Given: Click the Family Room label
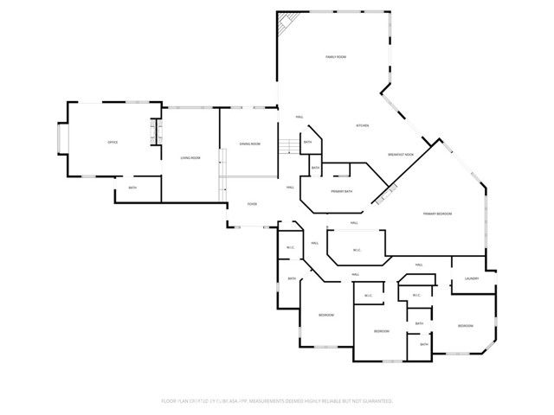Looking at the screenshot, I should [336, 57].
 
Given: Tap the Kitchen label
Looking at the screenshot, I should [363, 126].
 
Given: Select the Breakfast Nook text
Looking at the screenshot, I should [401, 154].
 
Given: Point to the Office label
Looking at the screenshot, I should [113, 142].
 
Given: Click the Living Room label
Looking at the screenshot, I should [190, 158].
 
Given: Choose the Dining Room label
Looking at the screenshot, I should [249, 144].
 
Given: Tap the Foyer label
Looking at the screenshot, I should [252, 204].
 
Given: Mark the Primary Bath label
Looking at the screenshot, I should [341, 191].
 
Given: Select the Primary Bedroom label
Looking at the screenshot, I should [437, 214].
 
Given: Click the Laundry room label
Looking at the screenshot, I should [472, 278].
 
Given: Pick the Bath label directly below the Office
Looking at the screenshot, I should [132, 188].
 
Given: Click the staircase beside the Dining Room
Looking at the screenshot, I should [288, 146].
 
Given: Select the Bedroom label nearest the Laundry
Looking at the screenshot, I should [466, 326].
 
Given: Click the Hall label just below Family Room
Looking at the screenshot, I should [300, 117].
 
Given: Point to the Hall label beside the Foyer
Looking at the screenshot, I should [290, 187].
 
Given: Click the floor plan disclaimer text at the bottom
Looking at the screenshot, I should [277, 401].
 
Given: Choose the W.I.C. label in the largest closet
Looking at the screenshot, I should [356, 251].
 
